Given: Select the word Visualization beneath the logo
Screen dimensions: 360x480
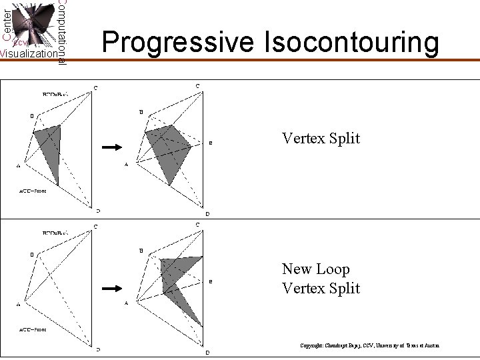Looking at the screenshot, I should click(28, 54).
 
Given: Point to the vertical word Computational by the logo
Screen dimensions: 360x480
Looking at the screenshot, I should click(62, 31).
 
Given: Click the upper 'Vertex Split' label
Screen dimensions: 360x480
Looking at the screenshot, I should click(321, 139).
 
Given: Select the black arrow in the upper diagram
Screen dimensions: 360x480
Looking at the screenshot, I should click(111, 147).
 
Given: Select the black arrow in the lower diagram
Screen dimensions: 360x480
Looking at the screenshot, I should click(111, 288).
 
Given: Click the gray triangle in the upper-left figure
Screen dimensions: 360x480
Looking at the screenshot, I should click(50, 150).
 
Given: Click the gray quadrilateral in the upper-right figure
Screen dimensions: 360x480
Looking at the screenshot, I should click(170, 150).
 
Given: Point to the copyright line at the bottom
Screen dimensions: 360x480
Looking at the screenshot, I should click(369, 346).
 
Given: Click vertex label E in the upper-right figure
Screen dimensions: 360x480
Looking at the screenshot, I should click(211, 143).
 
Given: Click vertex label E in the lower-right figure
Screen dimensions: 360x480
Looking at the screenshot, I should click(211, 281).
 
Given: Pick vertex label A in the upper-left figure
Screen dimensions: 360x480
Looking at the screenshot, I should click(18, 167).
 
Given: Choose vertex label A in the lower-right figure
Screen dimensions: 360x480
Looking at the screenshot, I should click(126, 304).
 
